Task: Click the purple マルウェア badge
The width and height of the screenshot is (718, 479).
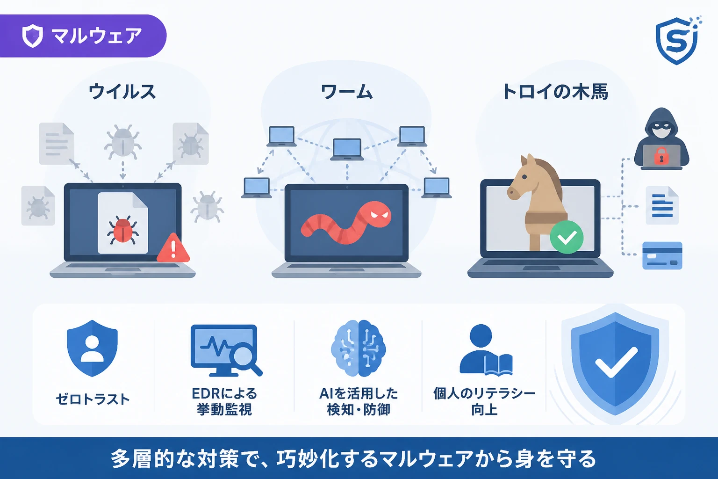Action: click(x=83, y=36)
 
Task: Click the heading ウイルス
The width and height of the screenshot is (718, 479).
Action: click(x=122, y=91)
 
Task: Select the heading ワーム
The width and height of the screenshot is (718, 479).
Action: click(x=346, y=91)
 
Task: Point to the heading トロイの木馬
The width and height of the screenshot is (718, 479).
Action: click(x=555, y=91)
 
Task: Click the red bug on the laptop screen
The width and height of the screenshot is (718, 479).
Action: click(x=123, y=230)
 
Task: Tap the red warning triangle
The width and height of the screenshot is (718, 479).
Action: click(x=173, y=247)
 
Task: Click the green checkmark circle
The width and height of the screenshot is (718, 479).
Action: click(x=567, y=237)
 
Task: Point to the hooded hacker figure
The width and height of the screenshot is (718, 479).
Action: click(x=661, y=138)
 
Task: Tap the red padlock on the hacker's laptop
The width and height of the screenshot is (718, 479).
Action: click(x=659, y=156)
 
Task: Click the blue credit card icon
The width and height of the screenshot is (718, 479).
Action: click(x=662, y=255)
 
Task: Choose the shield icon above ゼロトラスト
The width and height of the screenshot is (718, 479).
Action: click(x=92, y=348)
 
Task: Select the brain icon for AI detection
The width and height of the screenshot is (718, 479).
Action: click(x=358, y=348)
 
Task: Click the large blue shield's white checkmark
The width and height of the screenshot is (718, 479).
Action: click(x=616, y=363)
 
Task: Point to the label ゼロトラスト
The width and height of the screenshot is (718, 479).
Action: click(x=93, y=399)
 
